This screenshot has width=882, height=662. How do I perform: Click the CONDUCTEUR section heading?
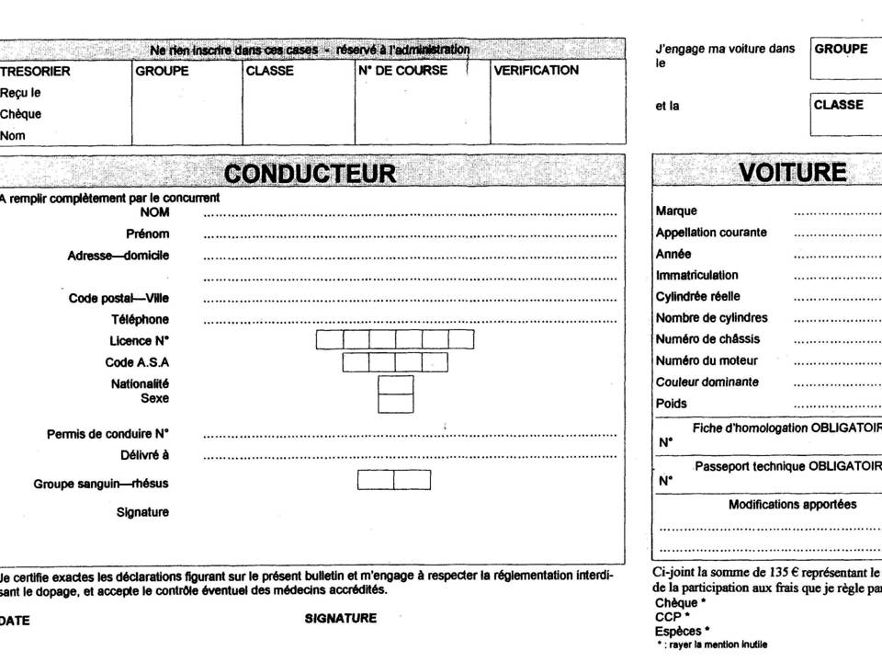(x=311, y=173)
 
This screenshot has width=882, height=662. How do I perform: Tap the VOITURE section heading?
(x=793, y=173)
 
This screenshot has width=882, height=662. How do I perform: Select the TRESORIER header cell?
(x=35, y=71)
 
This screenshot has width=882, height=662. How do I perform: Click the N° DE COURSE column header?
(x=403, y=71)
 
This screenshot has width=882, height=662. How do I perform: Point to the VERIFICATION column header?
(x=537, y=71)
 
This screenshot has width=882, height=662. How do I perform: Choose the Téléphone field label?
(x=140, y=320)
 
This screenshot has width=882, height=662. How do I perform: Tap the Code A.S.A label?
(x=137, y=362)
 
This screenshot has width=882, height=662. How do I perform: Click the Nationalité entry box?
(x=396, y=383)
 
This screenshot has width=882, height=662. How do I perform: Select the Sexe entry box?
(x=396, y=403)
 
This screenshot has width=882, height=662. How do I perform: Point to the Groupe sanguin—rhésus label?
(x=101, y=484)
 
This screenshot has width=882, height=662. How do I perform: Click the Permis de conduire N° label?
(x=107, y=434)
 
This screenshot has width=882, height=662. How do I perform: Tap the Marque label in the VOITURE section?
(x=676, y=211)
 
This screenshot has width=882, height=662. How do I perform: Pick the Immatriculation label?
(x=696, y=275)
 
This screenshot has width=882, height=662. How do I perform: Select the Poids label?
(x=671, y=404)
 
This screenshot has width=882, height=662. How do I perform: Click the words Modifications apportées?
(x=792, y=505)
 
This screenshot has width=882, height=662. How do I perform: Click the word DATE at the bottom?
(x=15, y=621)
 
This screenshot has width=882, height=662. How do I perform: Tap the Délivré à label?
(x=144, y=455)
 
